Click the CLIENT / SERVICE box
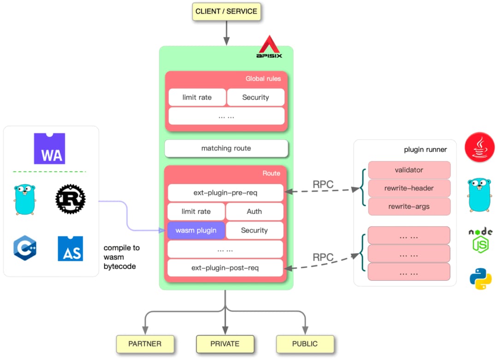[226, 12]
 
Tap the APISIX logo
[269, 47]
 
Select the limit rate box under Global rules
[197, 97]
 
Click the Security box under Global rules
[255, 97]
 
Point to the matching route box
[226, 148]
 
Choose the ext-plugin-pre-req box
[225, 193]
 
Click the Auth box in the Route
[255, 212]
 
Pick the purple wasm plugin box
[196, 230]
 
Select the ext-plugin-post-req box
[225, 268]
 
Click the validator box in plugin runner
[409, 170]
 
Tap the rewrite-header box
[409, 188]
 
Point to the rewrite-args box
[409, 207]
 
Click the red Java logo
[480, 147]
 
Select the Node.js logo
[480, 240]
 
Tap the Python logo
[480, 279]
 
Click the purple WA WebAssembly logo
[49, 148]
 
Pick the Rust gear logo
[71, 199]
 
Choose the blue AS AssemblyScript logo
[71, 248]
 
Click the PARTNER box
[145, 344]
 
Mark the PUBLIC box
[305, 344]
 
